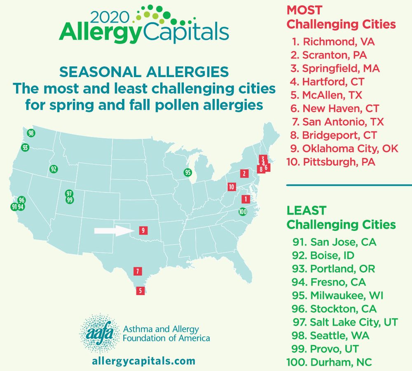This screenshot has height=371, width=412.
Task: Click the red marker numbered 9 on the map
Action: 143,230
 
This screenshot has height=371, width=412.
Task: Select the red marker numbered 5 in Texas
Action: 140,291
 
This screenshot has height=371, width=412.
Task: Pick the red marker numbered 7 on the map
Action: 138,271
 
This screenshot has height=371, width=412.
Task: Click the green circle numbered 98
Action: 31,133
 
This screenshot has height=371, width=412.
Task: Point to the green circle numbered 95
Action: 188,172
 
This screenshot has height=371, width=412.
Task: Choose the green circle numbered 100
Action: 243,212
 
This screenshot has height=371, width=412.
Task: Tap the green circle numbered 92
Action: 53,169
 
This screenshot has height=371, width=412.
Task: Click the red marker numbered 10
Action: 232,187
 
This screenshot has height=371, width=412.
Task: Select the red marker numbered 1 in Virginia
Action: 246,199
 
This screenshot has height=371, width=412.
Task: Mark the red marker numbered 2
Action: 244,173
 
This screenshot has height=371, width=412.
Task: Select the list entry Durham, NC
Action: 329,362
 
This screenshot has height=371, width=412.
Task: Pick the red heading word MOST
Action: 304,10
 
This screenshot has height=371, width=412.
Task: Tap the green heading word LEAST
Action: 306,211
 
